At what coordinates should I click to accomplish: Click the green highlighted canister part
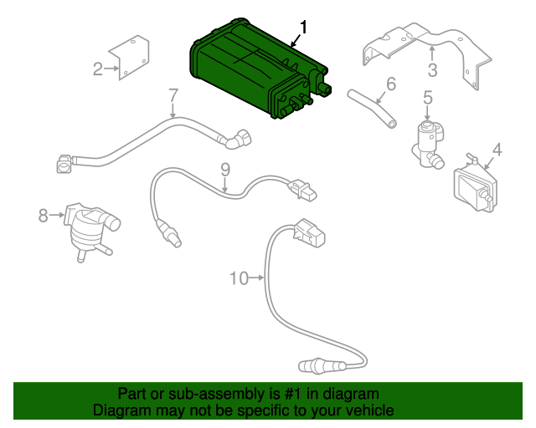(x=251, y=71)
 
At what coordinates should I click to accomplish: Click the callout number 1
(x=303, y=28)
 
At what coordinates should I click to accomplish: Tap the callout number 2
(x=98, y=69)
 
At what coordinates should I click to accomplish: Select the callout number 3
(x=432, y=69)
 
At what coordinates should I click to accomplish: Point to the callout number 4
(x=497, y=150)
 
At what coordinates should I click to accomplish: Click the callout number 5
(x=427, y=99)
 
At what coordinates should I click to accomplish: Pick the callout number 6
(x=390, y=84)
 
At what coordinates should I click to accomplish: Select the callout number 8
(x=44, y=216)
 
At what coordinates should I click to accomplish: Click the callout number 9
(x=225, y=170)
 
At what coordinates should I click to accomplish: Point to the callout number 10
(x=239, y=278)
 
